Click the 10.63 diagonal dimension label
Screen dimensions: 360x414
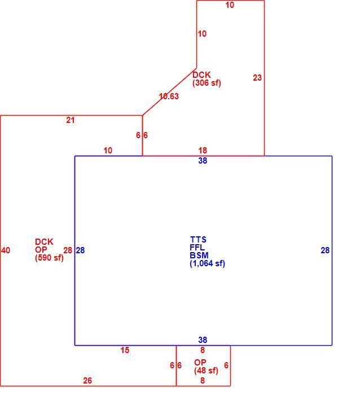pyautogui.click(x=169, y=96)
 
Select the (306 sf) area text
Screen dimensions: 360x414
pyautogui.click(x=207, y=83)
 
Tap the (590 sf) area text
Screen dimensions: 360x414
pyautogui.click(x=49, y=258)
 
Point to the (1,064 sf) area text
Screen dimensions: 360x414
pyautogui.click(x=207, y=263)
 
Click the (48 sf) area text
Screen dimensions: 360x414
pyautogui.click(x=206, y=371)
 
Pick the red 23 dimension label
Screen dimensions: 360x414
pyautogui.click(x=257, y=78)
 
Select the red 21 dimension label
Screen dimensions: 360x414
pyautogui.click(x=71, y=120)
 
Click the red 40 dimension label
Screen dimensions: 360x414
pyautogui.click(x=6, y=250)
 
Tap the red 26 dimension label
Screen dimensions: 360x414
pyautogui.click(x=87, y=381)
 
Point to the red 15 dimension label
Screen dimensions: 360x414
pyautogui.click(x=125, y=350)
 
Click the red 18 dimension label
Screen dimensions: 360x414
pyautogui.click(x=203, y=151)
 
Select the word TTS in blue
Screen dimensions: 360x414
pyautogui.click(x=198, y=240)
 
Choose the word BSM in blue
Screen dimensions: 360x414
pyautogui.click(x=199, y=256)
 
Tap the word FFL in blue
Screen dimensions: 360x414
pyautogui.click(x=197, y=248)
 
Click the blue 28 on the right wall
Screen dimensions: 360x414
pyautogui.click(x=325, y=250)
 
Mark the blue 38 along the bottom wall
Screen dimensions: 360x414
pyautogui.click(x=203, y=340)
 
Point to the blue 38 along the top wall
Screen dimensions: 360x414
pyautogui.click(x=203, y=161)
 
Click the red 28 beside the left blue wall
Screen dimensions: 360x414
pyautogui.click(x=68, y=250)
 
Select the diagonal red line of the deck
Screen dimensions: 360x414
pyautogui.click(x=169, y=91)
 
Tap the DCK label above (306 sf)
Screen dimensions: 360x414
pyautogui.click(x=201, y=74)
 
